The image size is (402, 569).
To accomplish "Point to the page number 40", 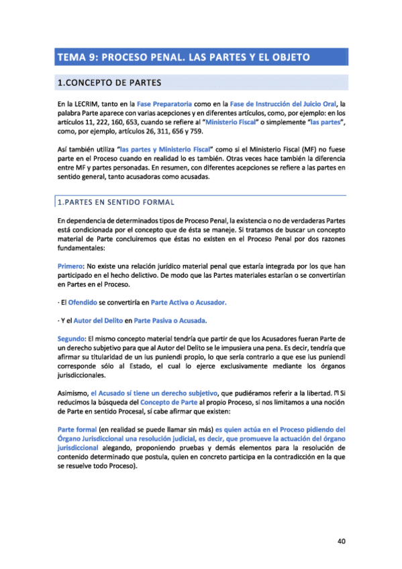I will click(340, 541).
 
